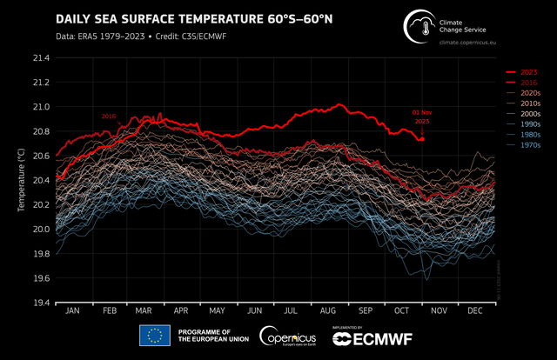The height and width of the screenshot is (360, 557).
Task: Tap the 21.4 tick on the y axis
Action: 42,58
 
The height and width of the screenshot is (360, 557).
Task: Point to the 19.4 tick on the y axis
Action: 42,303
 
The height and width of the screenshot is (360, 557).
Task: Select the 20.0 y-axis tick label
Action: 42,230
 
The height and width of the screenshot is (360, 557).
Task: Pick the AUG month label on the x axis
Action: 329,310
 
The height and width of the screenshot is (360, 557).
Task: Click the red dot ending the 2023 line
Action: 422,138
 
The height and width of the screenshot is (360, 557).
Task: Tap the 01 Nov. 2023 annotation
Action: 421,117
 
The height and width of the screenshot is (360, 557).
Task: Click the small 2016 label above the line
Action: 109,117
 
